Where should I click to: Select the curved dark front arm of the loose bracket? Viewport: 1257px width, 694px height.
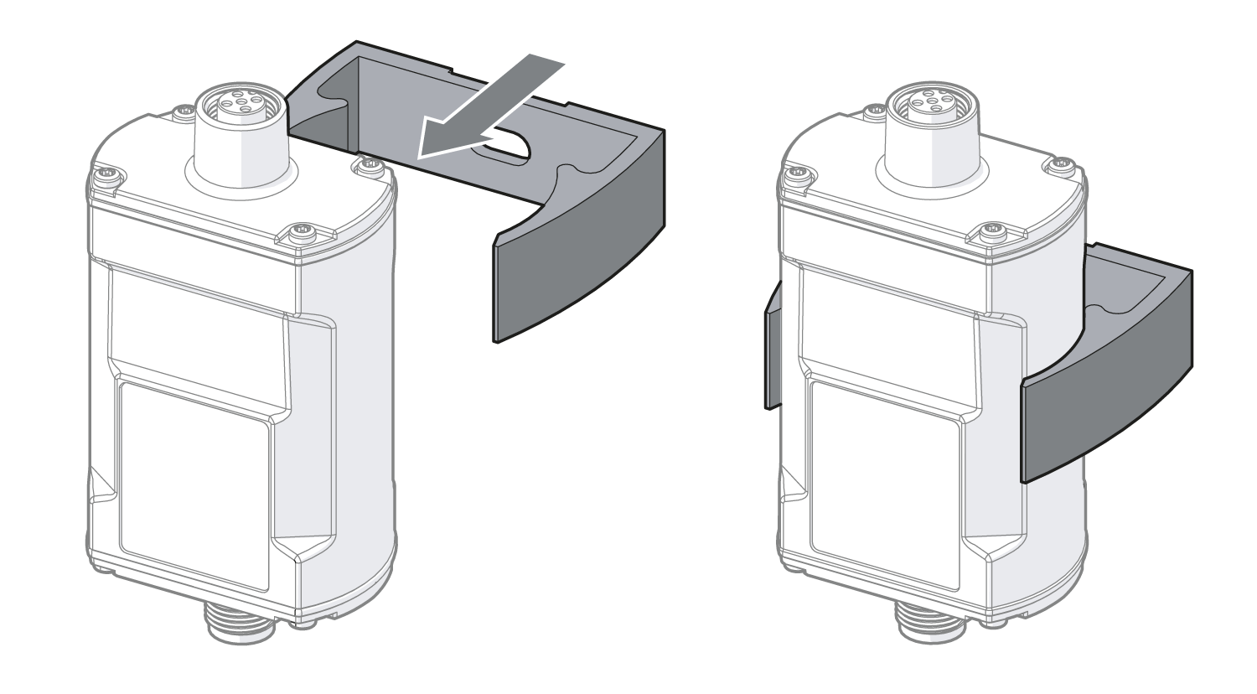[x=578, y=251]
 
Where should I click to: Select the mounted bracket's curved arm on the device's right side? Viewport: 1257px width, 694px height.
[x=1106, y=394]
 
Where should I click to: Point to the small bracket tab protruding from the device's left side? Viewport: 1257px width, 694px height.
[x=772, y=348]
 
